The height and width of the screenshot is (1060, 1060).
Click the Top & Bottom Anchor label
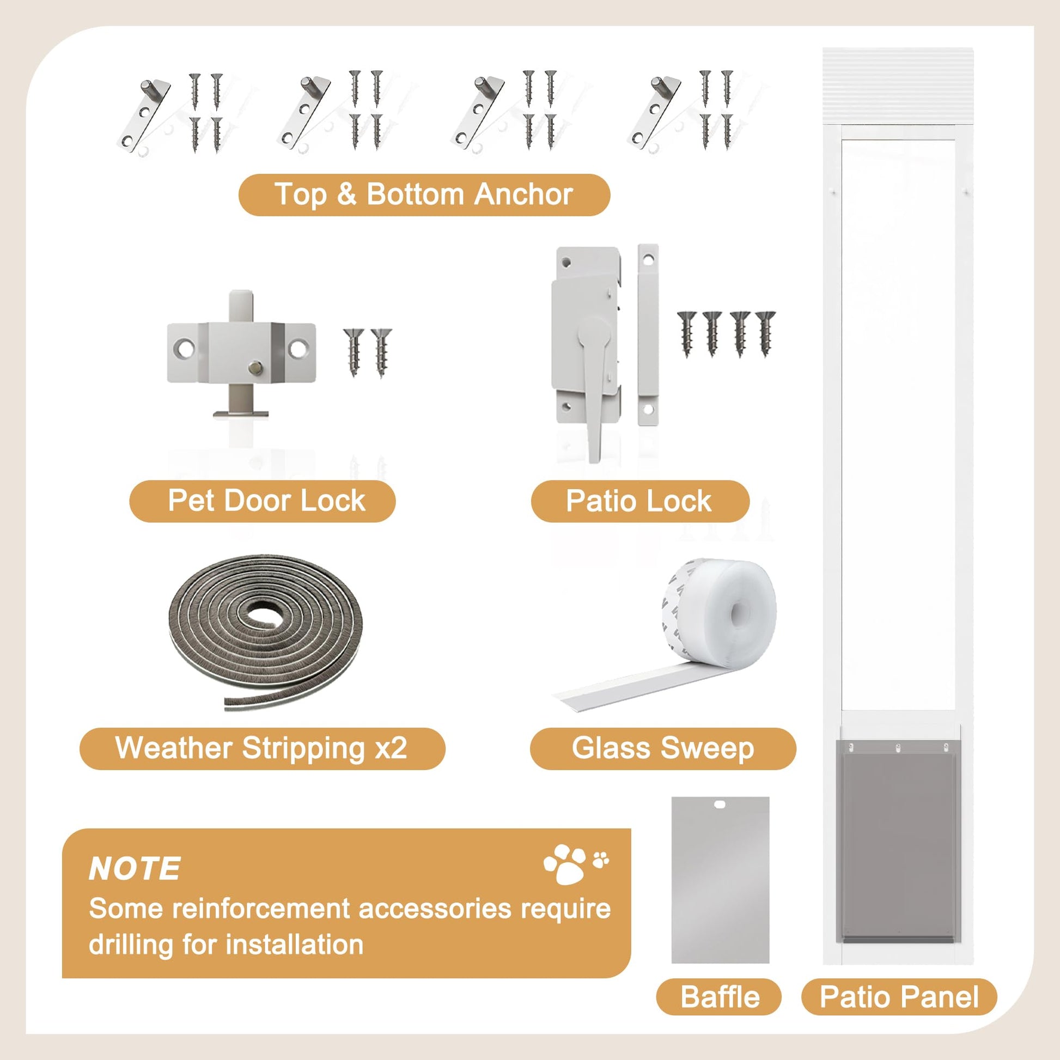(x=424, y=194)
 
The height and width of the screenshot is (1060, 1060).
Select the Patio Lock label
(x=639, y=501)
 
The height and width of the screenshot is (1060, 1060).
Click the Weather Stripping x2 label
(x=261, y=748)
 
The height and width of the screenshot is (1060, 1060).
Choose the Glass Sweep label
(x=663, y=748)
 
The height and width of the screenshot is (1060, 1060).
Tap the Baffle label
(x=719, y=997)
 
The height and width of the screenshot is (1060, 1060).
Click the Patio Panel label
(x=899, y=997)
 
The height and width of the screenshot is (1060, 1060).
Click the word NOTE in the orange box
(x=135, y=868)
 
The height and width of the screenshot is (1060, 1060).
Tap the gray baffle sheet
(x=720, y=884)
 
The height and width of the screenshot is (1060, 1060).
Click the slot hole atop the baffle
(x=720, y=805)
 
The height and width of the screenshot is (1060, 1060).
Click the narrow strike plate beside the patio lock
(x=648, y=334)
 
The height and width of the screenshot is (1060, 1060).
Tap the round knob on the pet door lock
(x=255, y=369)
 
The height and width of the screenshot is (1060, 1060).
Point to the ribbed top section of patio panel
(x=898, y=87)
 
